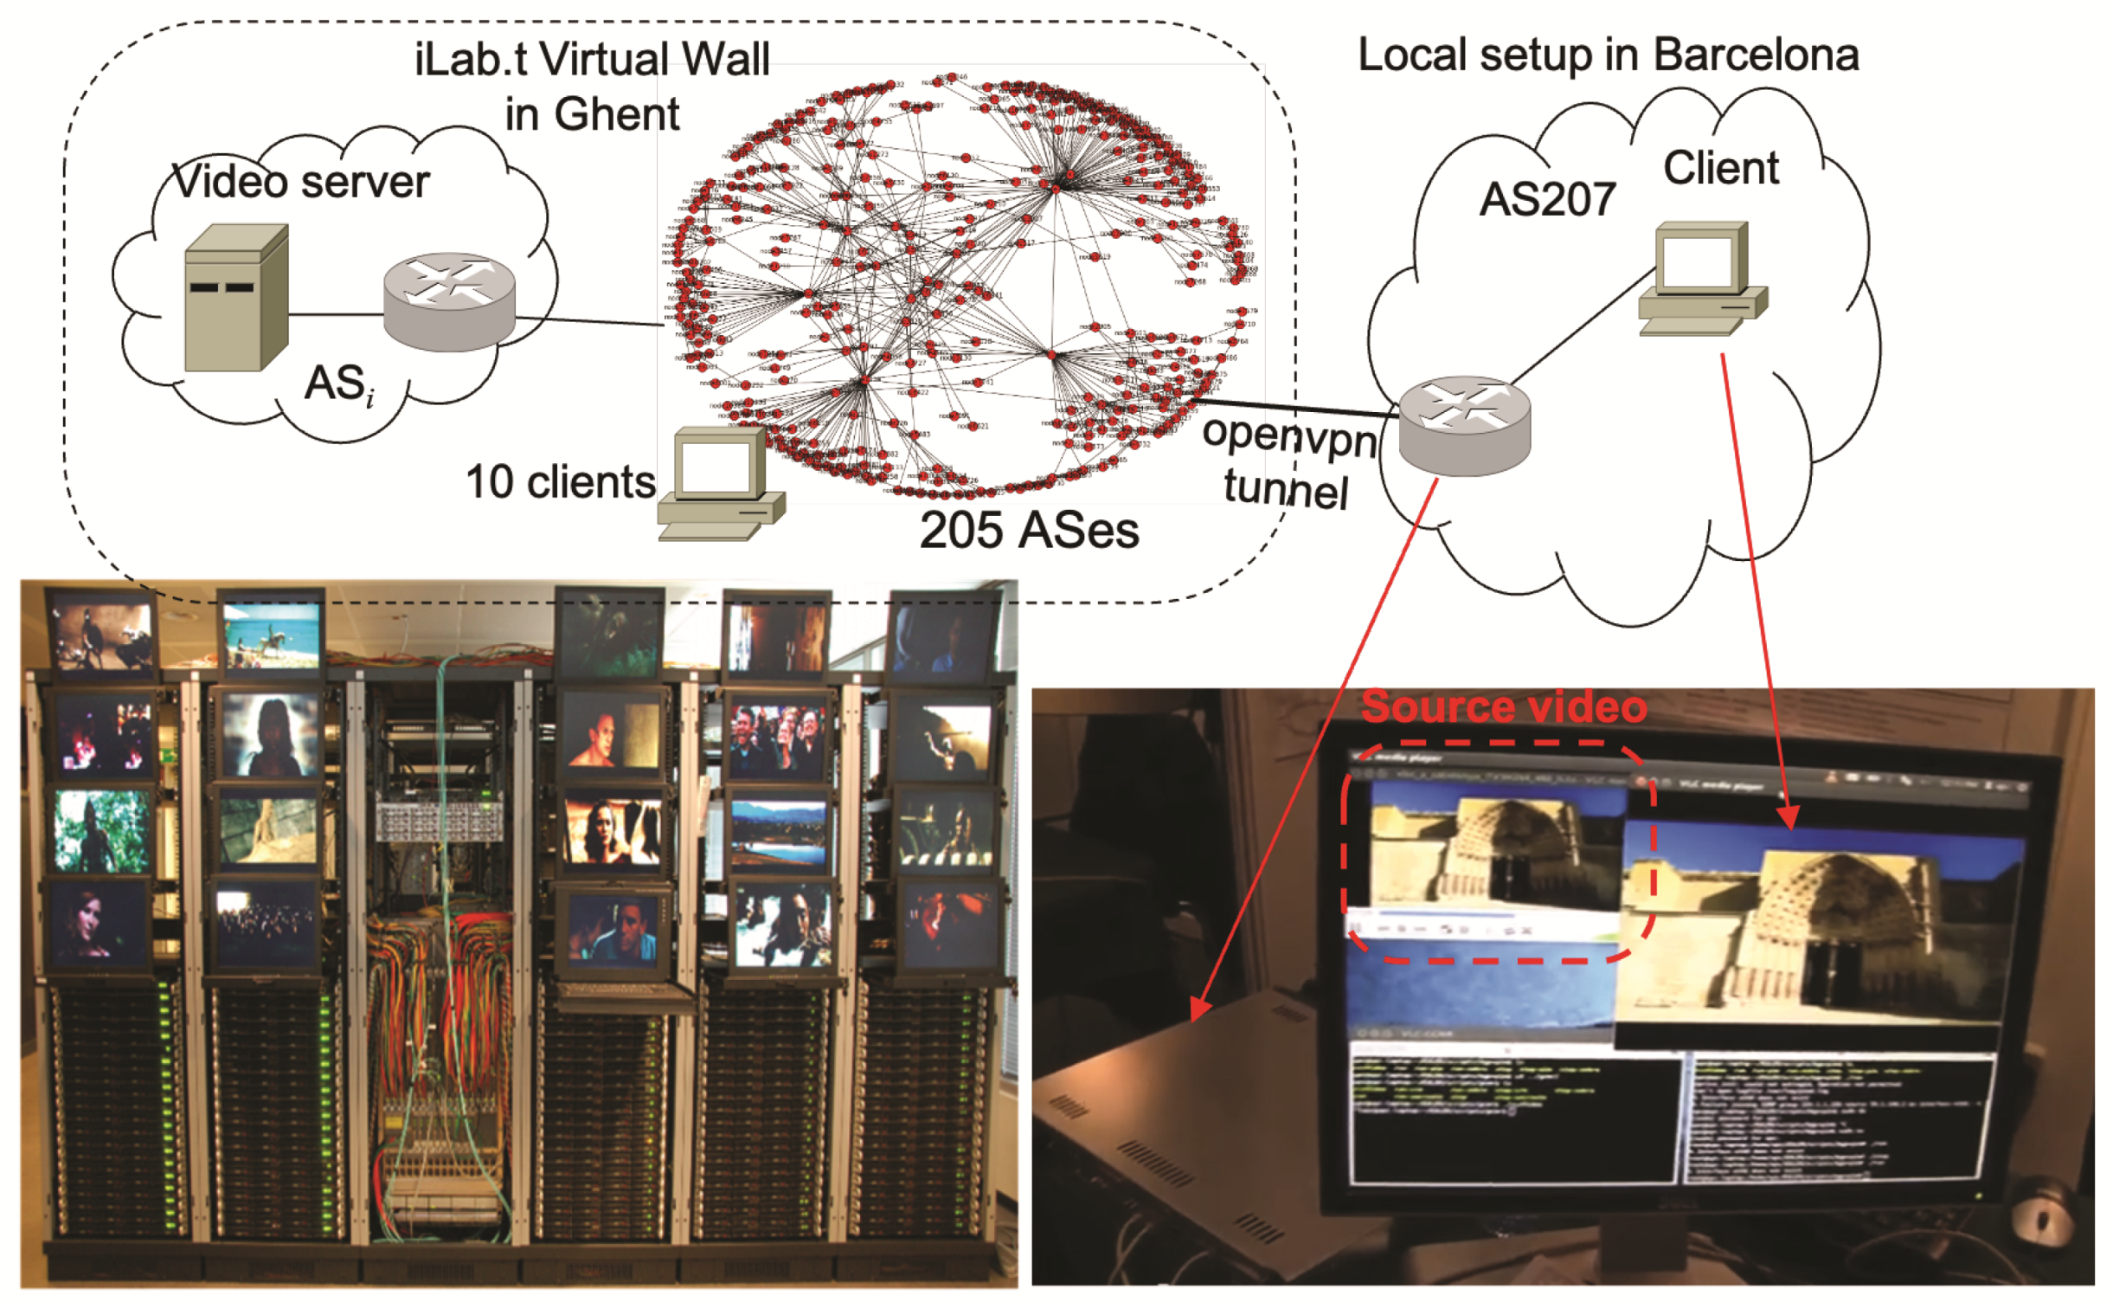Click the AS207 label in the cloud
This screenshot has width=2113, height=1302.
pos(1546,199)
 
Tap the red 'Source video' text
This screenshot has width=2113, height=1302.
pos(1503,706)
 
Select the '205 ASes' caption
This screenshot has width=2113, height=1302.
pos(1028,530)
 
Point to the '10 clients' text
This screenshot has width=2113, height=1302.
pos(560,481)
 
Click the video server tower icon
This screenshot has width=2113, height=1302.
pos(234,298)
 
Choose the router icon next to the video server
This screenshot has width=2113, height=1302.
pos(448,301)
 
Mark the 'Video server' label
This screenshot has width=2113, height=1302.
pos(301,182)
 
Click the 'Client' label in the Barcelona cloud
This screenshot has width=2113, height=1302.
pos(1720,167)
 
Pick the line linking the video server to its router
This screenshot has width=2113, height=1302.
pos(336,314)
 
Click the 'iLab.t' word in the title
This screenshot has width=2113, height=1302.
pos(471,60)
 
